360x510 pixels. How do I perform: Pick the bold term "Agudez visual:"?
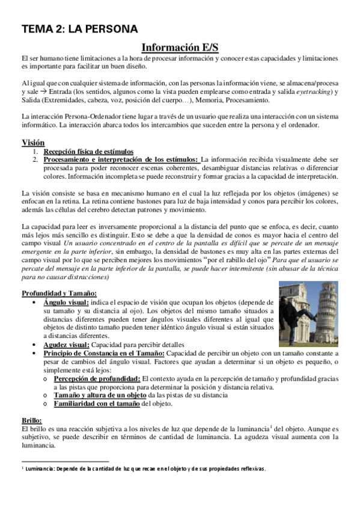(66, 345)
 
